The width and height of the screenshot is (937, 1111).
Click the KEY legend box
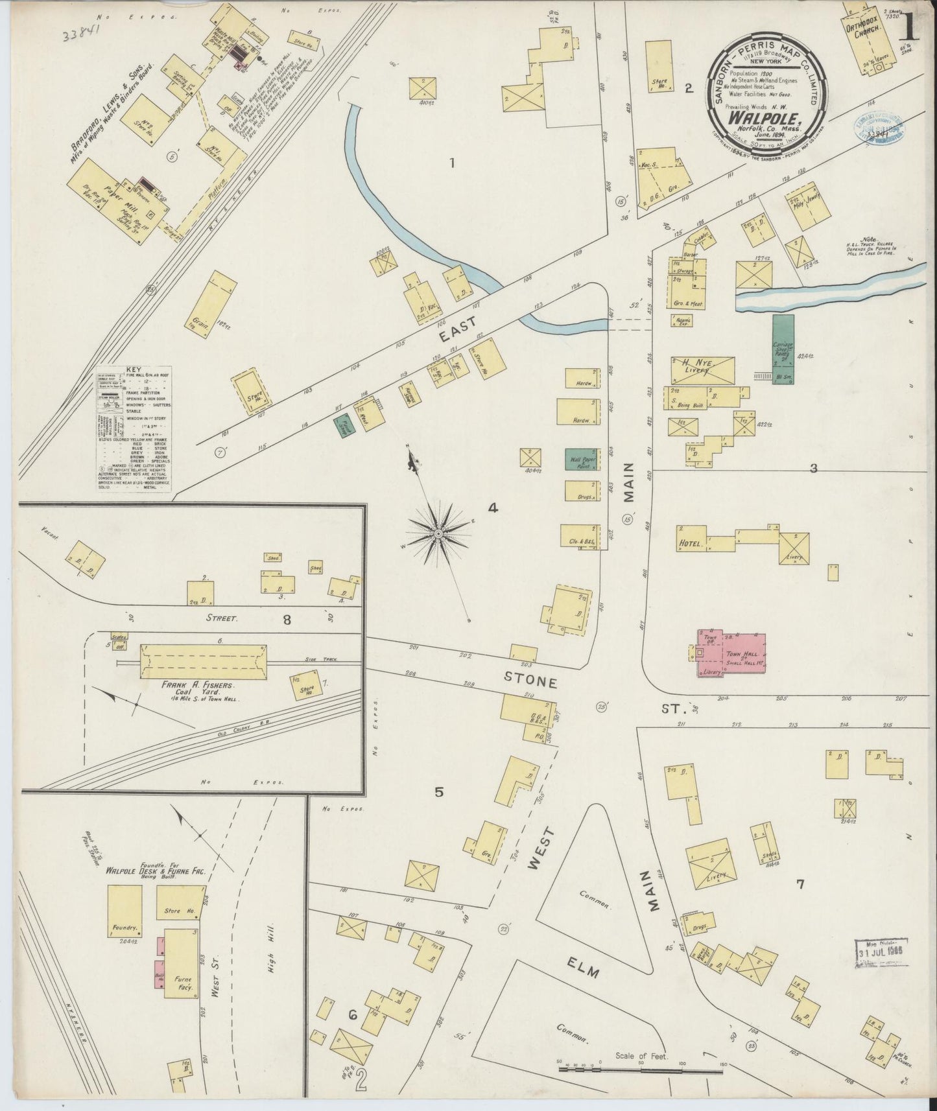(133, 430)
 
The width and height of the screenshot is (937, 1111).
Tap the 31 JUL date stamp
(881, 955)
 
